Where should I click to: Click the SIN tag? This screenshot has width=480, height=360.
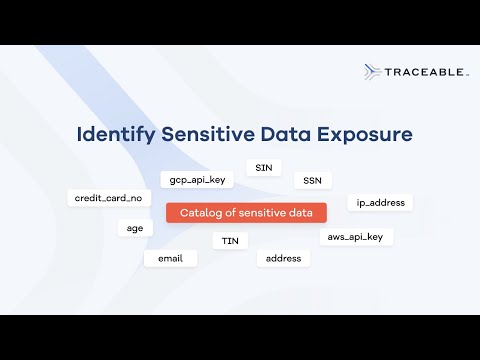263,168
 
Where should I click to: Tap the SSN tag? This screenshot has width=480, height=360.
312,181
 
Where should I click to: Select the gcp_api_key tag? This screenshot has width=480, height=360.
197,180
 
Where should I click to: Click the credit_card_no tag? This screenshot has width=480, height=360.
108,198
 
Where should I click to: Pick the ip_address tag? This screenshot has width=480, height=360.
380,202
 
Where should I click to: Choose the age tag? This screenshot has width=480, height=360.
134,227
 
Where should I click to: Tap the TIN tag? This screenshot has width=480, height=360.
230,240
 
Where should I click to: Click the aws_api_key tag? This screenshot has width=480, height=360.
356,236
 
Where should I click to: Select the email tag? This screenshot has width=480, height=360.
170,258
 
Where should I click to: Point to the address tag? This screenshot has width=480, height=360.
283,258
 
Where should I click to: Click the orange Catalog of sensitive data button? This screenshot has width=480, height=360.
246,212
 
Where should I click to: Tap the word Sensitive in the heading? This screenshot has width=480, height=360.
207,133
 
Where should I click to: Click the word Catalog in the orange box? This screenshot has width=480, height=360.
198,212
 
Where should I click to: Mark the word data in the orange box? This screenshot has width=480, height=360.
306,212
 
